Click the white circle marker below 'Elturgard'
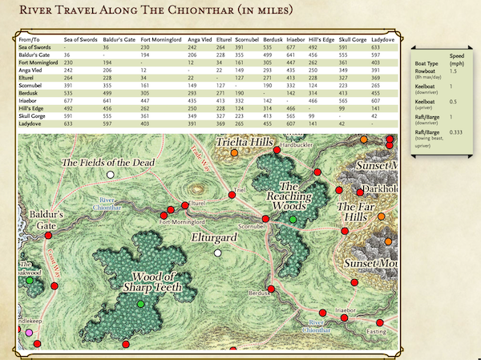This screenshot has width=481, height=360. coord(216,253)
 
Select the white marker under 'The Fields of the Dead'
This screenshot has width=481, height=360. coord(111,174)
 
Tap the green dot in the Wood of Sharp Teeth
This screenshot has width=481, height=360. coord(141,304)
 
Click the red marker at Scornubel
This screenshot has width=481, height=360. coord(265,218)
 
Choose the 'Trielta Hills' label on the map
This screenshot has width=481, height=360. coord(245,143)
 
